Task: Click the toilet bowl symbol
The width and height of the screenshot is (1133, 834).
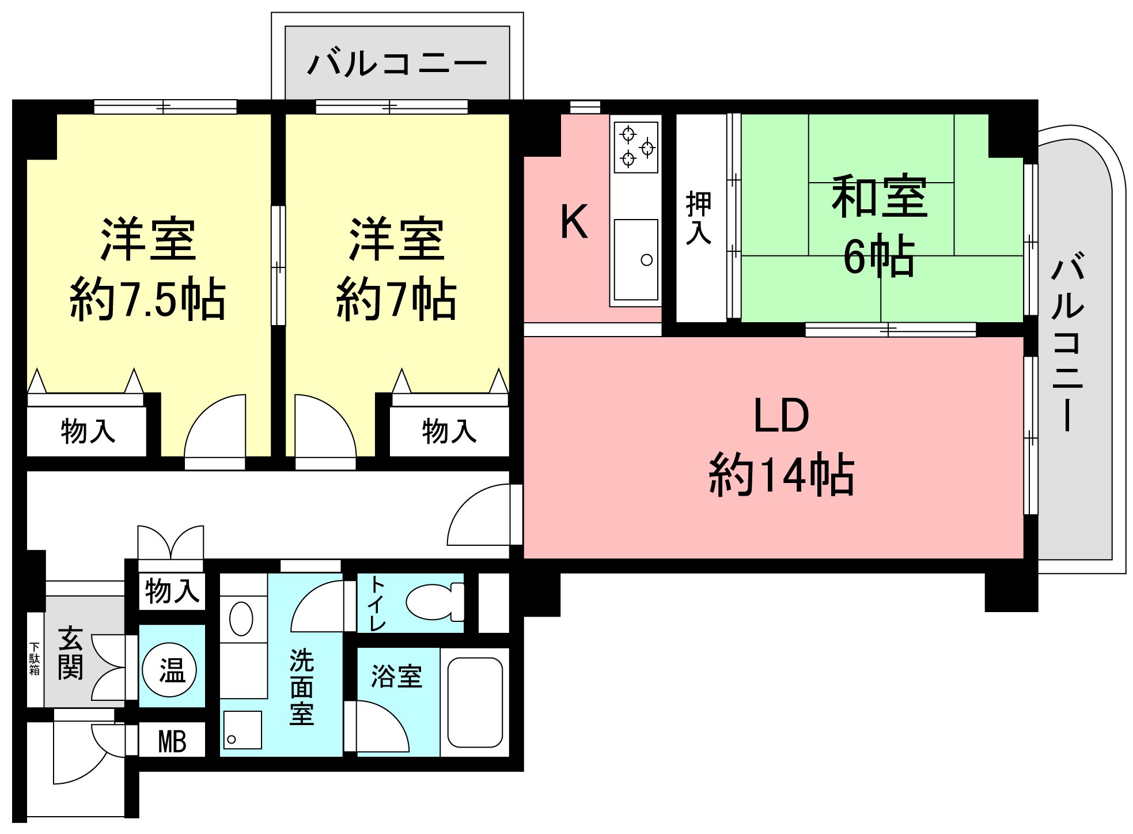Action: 435,602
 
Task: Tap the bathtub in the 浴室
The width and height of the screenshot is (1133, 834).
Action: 475,703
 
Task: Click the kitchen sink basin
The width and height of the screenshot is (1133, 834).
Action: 636,259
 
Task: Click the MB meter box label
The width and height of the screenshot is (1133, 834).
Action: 172,741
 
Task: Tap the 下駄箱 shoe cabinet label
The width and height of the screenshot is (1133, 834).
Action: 35,658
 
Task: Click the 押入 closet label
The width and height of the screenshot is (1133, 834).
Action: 699,218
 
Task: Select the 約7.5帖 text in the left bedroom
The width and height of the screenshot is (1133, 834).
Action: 147,299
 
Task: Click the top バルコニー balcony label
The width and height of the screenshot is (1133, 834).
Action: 397,63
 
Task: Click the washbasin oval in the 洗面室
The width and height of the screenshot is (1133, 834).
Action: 241,618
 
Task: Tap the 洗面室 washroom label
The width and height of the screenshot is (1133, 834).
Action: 302,686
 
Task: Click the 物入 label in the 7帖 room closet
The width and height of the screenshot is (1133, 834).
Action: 449,431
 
